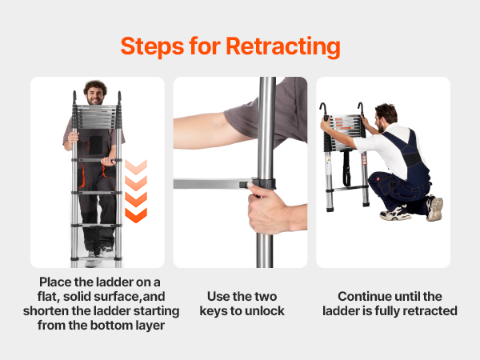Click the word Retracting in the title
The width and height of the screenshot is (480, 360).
[283, 47]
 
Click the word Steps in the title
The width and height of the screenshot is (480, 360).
[152, 46]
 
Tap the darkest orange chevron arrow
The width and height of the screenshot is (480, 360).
[136, 215]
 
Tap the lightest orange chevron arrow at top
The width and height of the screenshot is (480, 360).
[136, 167]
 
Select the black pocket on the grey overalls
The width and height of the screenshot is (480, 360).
[95, 145]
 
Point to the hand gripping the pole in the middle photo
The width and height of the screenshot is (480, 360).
[268, 208]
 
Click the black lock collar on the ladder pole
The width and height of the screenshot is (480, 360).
[263, 184]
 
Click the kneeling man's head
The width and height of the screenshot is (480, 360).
[386, 116]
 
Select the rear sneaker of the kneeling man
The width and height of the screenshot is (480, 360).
[434, 208]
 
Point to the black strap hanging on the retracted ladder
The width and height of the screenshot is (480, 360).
[346, 168]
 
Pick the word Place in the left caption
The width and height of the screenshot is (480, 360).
[56, 282]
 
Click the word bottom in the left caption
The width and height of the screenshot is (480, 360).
[113, 325]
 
